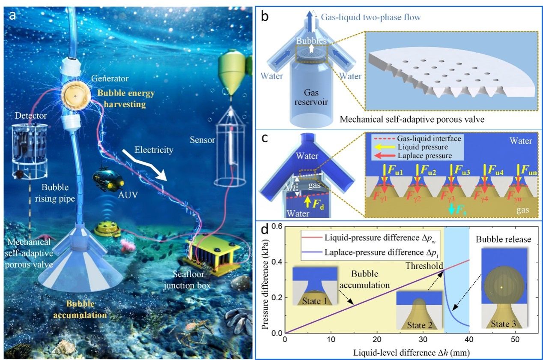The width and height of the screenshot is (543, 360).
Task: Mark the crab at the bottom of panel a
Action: tap(193, 330)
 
